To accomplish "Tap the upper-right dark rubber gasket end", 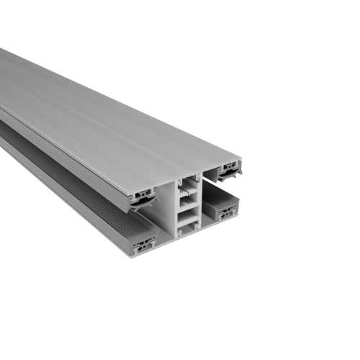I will tap(230, 171).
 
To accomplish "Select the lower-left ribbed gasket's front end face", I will tap(143, 243).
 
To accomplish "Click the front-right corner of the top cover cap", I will tap(242, 160).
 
